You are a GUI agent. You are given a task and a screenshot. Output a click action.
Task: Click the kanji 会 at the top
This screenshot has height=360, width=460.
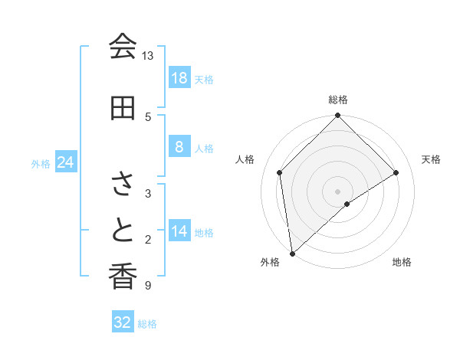pos(122,47)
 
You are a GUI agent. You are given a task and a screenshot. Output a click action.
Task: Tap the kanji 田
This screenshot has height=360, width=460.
pos(122,108)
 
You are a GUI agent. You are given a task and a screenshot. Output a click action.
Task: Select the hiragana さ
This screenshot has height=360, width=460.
pos(122,185)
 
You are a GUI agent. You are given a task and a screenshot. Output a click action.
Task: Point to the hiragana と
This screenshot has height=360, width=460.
pos(122,231)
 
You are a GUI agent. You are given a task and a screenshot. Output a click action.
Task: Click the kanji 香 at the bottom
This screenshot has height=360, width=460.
pos(122,277)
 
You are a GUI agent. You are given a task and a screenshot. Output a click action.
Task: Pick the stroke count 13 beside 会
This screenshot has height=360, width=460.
pos(147,56)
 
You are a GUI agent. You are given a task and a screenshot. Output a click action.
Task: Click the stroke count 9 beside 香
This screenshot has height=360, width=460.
pos(147,286)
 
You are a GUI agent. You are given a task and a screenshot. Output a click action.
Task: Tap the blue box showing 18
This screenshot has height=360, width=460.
pos(179,78)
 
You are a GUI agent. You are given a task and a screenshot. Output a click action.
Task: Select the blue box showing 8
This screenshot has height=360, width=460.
pos(179,147)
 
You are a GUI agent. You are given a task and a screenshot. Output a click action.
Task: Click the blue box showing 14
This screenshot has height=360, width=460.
pos(179,231)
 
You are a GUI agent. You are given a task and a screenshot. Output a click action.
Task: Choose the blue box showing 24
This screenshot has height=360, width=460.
pos(65,162)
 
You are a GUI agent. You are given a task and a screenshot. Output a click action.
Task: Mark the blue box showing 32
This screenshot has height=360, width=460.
pos(123,322)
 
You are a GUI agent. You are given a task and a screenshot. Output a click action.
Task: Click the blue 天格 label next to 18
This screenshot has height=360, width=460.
pos(204,80)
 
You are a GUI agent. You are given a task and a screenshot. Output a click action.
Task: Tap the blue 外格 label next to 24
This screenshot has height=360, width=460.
pos(41,164)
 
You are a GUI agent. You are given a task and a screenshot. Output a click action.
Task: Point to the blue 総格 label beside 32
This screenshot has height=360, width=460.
pos(147,324)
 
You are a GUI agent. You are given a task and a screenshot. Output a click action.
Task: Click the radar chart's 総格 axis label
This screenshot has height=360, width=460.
pos(337,100)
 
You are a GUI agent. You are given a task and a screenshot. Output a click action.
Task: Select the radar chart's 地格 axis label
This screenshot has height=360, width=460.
pos(402,262)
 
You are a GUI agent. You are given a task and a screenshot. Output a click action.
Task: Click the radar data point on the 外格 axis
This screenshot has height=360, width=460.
pos(291,254)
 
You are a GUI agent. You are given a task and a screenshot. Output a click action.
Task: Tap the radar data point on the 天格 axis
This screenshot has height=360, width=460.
pos(396,172)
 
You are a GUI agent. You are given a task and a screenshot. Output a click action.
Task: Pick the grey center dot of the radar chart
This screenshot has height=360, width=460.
pos(337,191)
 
